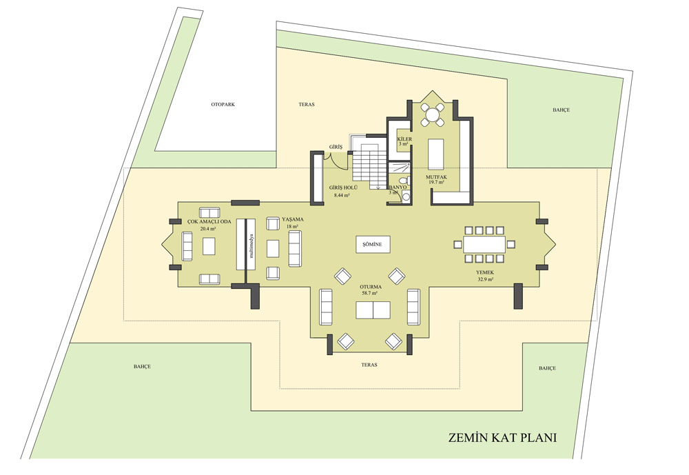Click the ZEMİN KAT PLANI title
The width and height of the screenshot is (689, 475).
(x=502, y=438)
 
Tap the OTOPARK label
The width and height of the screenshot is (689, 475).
(x=223, y=105)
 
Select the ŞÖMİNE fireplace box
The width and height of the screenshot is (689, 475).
(x=373, y=245)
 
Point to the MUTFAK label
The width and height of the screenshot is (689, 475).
(x=436, y=177)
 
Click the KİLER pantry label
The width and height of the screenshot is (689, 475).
(x=404, y=139)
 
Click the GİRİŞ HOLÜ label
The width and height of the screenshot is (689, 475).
(x=343, y=188)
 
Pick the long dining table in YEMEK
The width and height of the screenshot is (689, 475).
(x=484, y=245)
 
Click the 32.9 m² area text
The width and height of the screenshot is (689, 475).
(x=484, y=279)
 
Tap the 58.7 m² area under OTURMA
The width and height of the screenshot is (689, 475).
(x=371, y=292)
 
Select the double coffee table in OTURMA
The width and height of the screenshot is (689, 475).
(x=373, y=310)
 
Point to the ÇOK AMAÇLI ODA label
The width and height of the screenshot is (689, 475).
(x=209, y=222)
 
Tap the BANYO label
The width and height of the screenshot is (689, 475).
(x=398, y=188)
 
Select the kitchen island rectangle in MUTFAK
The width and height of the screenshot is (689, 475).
(x=435, y=153)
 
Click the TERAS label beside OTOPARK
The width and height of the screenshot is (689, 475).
(x=307, y=105)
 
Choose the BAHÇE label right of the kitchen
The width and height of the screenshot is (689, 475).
(x=561, y=110)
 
